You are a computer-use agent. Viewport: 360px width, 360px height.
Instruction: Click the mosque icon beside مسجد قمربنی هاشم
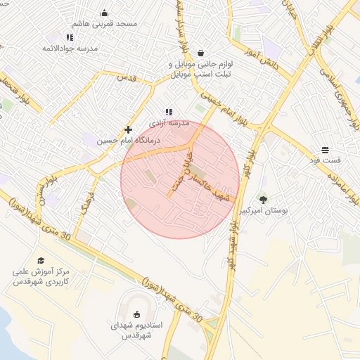click(x=105, y=13)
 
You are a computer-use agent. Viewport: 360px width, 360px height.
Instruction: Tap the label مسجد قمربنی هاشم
click(x=108, y=24)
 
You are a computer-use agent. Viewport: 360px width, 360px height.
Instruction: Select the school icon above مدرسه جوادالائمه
click(x=70, y=37)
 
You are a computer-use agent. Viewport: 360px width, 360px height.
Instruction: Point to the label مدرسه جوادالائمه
click(x=70, y=48)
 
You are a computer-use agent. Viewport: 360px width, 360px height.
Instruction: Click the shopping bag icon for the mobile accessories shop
click(x=202, y=53)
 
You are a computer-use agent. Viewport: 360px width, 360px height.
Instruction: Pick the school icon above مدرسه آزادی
click(x=168, y=112)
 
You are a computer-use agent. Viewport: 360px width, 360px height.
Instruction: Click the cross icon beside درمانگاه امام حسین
click(x=128, y=129)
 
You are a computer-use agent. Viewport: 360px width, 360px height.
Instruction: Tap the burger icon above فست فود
click(x=325, y=150)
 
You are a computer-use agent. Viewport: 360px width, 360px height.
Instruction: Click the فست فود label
click(x=325, y=160)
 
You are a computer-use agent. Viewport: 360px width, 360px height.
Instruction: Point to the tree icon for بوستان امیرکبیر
click(x=263, y=200)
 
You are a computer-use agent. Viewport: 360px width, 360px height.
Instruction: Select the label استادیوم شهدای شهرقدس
click(x=138, y=331)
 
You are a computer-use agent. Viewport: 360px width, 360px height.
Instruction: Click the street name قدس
click(x=124, y=77)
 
